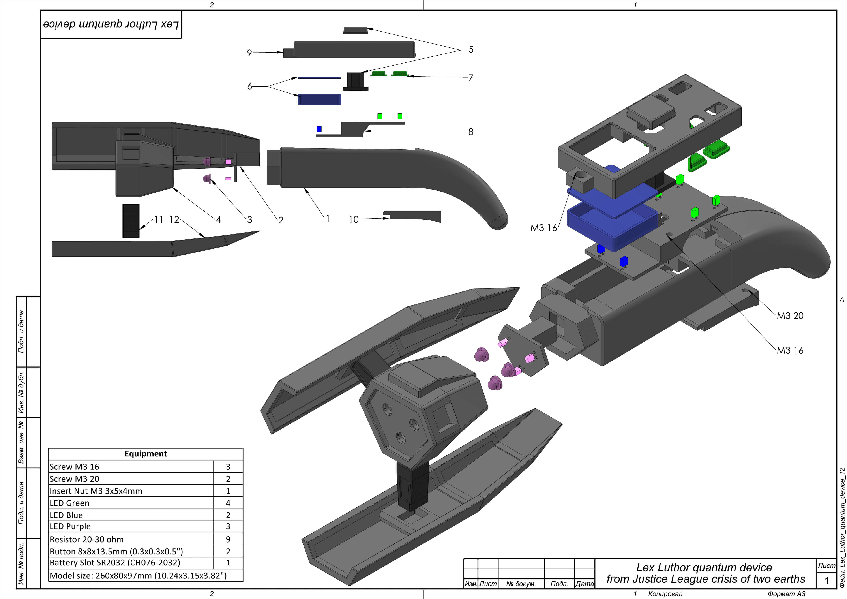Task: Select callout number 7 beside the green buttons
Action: tap(471, 78)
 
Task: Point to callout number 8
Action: tap(471, 132)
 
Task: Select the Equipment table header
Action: tap(146, 454)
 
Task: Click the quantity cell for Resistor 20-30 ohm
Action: tap(228, 539)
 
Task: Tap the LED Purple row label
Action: tap(70, 526)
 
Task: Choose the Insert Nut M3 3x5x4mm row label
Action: tap(96, 491)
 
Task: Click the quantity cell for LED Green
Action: tap(228, 503)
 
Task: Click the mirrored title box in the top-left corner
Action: tap(111, 24)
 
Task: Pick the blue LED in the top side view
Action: tap(319, 129)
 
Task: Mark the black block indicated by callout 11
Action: tap(131, 221)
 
